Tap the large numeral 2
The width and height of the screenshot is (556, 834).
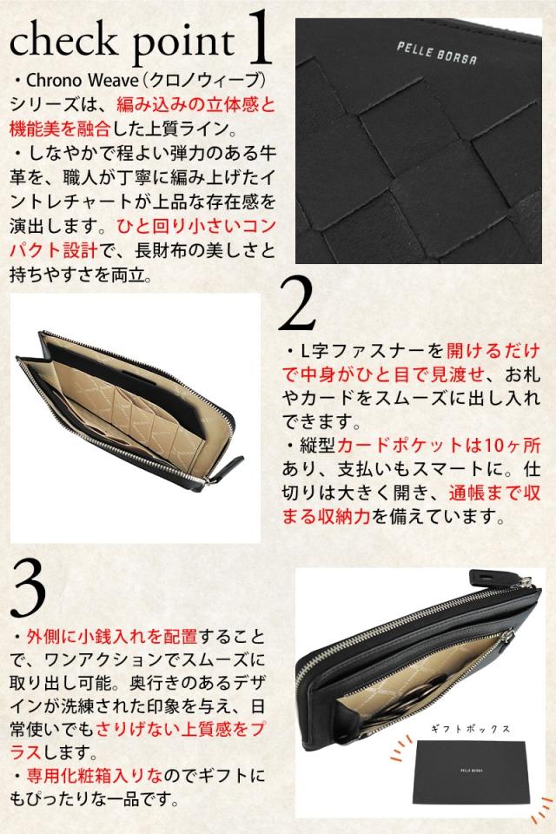[x=297, y=303]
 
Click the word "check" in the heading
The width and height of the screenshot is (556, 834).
[x=63, y=41]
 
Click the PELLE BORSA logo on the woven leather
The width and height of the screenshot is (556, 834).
[x=437, y=53]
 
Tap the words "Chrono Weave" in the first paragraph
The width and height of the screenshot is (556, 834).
[x=82, y=80]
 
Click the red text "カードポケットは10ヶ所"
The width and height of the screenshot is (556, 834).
[x=439, y=445]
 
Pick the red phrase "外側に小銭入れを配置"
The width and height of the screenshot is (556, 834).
[x=112, y=636]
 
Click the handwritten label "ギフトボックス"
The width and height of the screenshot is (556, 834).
[x=470, y=728]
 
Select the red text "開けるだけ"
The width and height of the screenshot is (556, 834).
[x=493, y=351]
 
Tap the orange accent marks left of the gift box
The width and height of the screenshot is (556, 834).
[x=401, y=748]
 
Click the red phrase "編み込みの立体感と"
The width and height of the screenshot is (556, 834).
[x=195, y=104]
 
